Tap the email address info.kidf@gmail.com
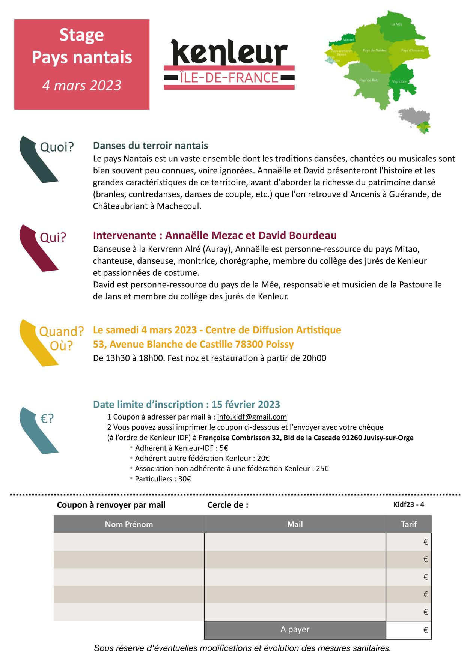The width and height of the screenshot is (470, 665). coord(252,417)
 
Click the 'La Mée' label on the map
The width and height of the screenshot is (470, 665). coord(396,24)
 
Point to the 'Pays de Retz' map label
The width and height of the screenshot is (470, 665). coord(369,80)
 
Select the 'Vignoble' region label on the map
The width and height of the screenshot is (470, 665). coord(399,81)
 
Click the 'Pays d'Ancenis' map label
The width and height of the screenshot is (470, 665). coord(412,50)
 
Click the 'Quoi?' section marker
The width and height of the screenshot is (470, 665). coord(57,147)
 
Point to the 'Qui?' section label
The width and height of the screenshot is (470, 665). coord(53,237)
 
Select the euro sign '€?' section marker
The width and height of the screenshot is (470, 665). coord(47,418)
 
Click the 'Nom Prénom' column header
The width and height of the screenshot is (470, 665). coord(129,524)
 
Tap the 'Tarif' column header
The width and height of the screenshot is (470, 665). coord(408,524)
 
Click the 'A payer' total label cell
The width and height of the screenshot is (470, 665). coord(295,629)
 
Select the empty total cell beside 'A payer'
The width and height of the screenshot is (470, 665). coord(408,630)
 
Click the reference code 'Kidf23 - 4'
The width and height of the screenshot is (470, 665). coord(408,504)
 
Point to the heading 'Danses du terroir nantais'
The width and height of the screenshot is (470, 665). coord(151,146)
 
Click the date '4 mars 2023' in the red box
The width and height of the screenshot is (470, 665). coord(81,85)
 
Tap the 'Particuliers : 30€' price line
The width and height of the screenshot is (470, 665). coord(163,479)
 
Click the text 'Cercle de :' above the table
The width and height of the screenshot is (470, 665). coord(227,505)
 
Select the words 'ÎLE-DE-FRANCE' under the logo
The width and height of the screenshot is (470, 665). coord(229,78)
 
